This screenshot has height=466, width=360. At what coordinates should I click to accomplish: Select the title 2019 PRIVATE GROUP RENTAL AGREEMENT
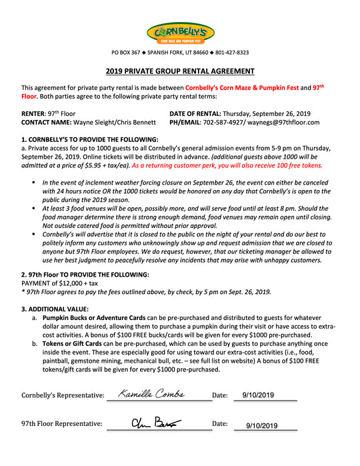180,71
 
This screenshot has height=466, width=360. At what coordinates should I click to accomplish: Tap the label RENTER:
35,113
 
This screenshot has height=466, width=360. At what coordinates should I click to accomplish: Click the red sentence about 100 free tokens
227,165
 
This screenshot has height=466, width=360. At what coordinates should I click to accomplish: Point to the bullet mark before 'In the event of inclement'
34,182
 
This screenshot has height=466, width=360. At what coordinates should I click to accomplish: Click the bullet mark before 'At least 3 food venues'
34,208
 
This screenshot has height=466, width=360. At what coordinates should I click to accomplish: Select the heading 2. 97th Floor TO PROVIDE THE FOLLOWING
85,274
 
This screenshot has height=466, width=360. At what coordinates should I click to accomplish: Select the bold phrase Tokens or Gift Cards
73,343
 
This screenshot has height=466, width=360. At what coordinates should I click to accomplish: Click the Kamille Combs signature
151,394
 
